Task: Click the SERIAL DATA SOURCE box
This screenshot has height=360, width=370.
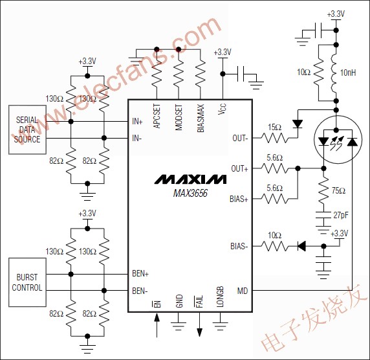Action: coord(27,129)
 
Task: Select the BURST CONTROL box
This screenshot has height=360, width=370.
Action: coord(27,283)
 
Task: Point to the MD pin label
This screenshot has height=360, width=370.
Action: coord(242,291)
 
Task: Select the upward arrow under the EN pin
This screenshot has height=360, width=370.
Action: coord(157,324)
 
